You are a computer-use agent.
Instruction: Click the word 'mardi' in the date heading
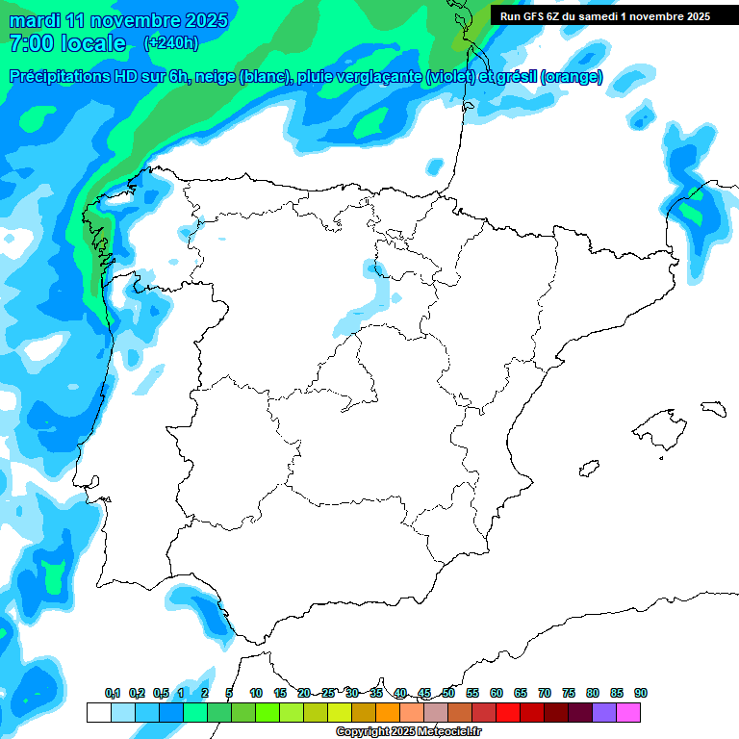[36, 20]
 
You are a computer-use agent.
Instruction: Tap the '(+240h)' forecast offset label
[170, 42]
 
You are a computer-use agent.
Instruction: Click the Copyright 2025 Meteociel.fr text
[408, 732]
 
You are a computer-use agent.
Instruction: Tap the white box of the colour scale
[98, 712]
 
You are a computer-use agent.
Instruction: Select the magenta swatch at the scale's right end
[628, 712]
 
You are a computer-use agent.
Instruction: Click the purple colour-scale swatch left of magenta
[604, 712]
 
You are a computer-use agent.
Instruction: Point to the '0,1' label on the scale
[113, 693]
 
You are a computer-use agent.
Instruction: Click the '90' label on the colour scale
[641, 693]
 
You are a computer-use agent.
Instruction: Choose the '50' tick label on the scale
[448, 693]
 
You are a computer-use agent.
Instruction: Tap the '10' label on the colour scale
[256, 693]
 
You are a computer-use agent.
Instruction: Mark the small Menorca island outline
[713, 408]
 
